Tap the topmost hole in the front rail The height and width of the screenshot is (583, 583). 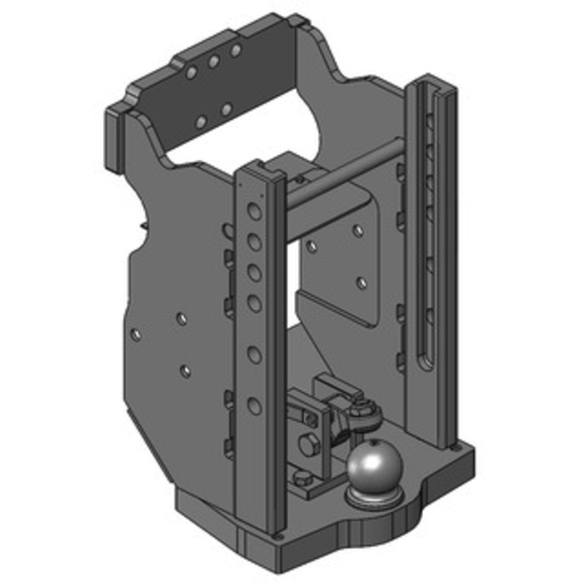[254, 212]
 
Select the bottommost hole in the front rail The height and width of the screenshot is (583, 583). [254, 406]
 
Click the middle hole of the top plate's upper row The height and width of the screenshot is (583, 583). [214, 63]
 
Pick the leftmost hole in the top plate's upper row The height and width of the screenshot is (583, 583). [191, 74]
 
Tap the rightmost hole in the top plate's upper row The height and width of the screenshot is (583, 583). [235, 50]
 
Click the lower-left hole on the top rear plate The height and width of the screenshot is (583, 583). [203, 121]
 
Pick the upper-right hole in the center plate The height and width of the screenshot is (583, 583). [358, 230]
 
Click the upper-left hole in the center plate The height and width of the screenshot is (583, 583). [312, 247]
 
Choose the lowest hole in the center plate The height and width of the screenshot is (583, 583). [362, 281]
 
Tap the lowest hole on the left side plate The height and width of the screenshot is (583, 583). [185, 371]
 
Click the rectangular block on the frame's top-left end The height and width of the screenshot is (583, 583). [115, 142]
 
